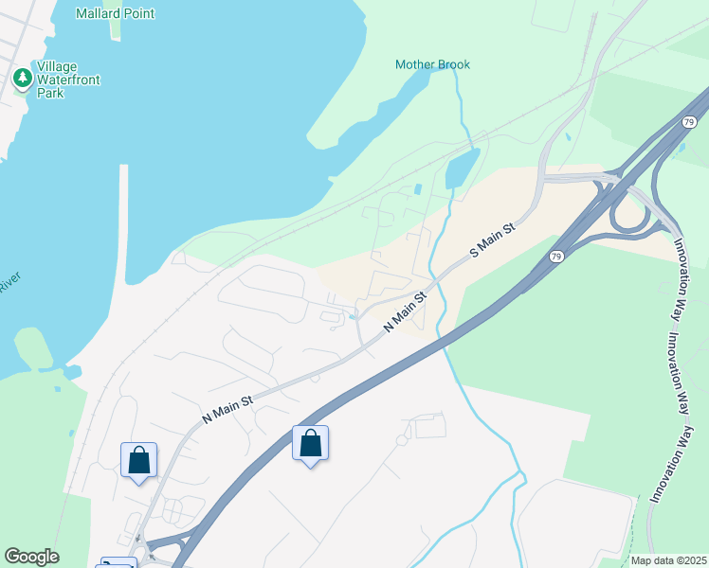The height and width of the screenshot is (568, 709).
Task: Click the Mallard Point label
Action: coord(116,13)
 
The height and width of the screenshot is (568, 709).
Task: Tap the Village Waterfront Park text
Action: coord(68,80)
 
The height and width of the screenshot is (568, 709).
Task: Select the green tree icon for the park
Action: coord(22,78)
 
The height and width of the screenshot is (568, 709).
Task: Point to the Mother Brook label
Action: coord(432,64)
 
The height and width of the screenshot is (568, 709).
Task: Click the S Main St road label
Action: coord(493,242)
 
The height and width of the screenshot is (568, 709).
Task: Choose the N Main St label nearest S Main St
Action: coord(407,311)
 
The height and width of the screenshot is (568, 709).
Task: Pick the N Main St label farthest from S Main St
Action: coord(227,408)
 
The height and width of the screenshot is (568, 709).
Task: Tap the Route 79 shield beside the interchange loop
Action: coord(689,122)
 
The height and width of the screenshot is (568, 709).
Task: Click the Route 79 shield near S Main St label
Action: coord(556,257)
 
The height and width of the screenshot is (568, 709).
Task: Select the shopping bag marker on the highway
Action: coord(310,443)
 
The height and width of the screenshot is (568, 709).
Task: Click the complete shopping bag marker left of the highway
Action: coord(139,460)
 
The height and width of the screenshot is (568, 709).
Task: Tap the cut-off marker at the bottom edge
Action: coord(118,562)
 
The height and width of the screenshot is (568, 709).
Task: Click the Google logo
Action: coord(31,557)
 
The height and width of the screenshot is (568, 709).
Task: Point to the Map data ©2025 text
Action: coord(668,560)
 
